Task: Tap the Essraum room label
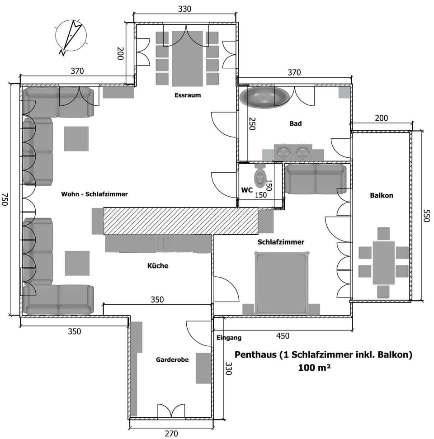click(188, 95)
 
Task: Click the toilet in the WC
click(261, 176)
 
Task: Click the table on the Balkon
click(383, 262)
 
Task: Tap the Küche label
click(158, 266)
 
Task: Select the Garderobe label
click(172, 359)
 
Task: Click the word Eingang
click(229, 337)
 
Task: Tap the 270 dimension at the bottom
click(171, 434)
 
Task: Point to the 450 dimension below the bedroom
click(282, 336)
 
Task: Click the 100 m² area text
click(314, 368)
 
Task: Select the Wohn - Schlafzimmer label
click(94, 194)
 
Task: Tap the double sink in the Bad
click(293, 152)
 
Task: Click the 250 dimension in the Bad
click(251, 123)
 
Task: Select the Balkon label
click(382, 196)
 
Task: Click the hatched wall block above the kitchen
click(180, 221)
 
